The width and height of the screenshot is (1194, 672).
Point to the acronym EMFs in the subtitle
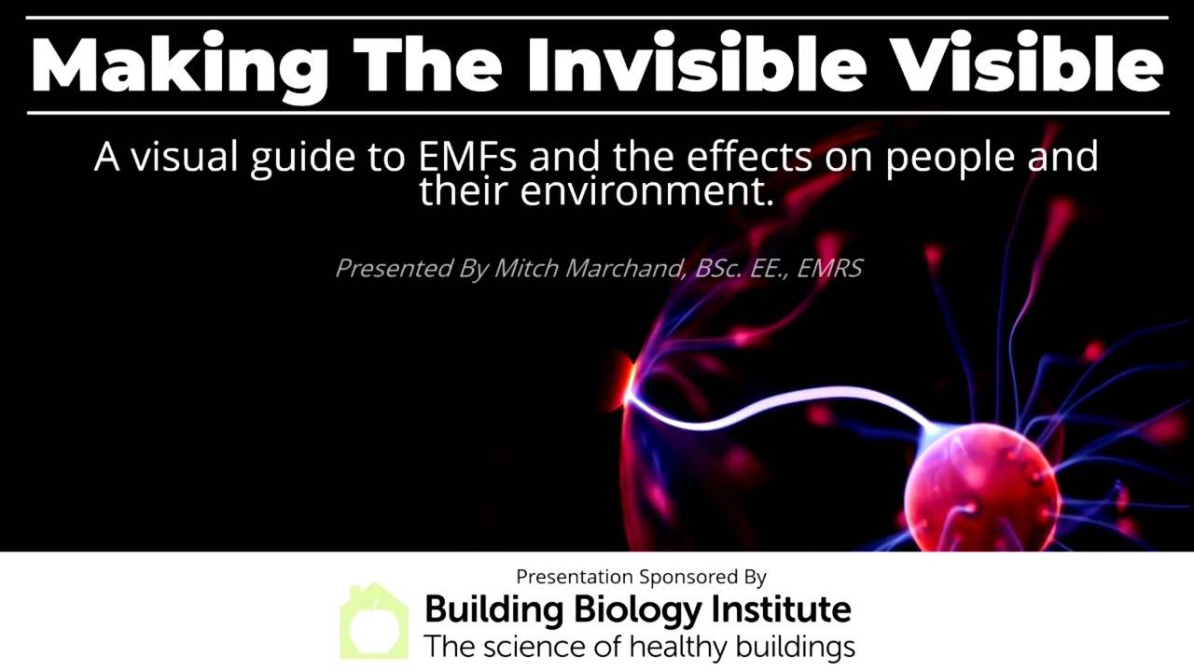pyautogui.click(x=467, y=157)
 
